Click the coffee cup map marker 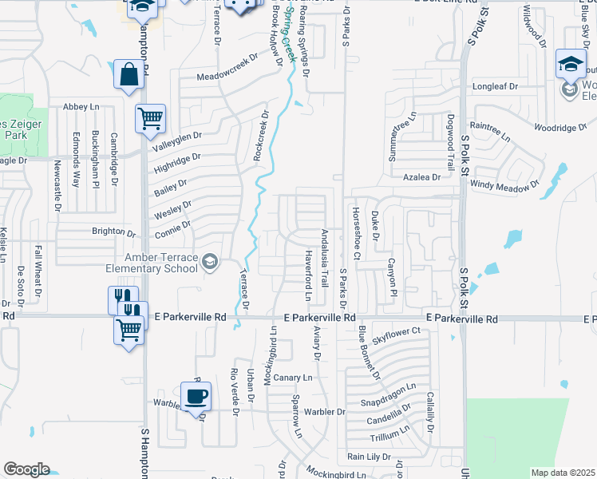click(196, 395)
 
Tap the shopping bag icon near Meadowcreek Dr click(128, 75)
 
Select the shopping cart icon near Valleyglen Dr click(150, 119)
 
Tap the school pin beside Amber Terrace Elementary click(209, 262)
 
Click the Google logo click(26, 469)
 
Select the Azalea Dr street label click(421, 177)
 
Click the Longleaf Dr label click(495, 86)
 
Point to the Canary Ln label click(291, 377)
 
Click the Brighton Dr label click(113, 232)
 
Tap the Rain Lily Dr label click(368, 457)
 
